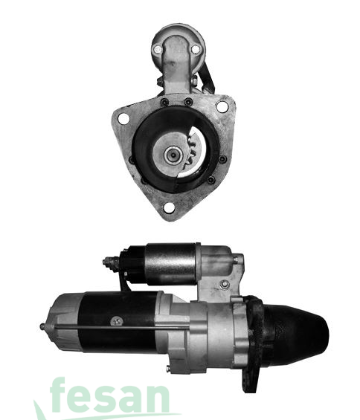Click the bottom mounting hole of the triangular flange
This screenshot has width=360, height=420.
(169, 208)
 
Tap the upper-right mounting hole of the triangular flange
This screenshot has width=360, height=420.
(222, 106)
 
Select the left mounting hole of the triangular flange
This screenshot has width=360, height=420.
(123, 119)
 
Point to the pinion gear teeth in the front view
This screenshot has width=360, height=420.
(191, 152)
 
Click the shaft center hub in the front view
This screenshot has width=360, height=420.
(173, 155)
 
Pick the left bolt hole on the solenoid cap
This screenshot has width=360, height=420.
(158, 50)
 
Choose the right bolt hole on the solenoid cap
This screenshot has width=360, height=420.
(196, 49)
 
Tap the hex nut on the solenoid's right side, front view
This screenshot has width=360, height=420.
(195, 80)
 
